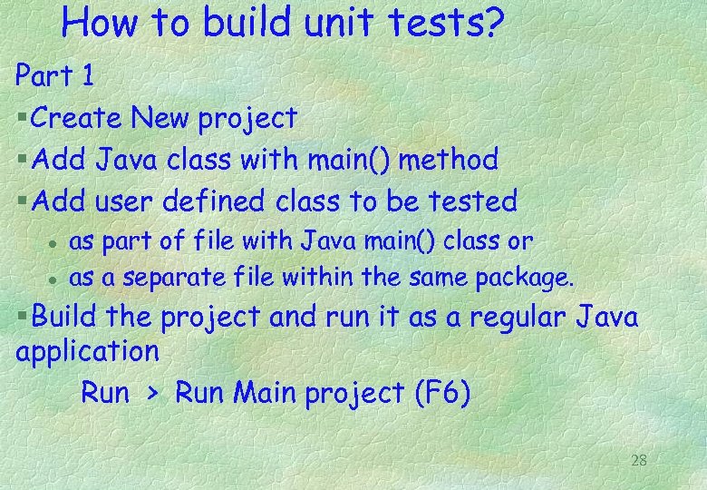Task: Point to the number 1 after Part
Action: point(87,76)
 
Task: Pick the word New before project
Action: point(160,118)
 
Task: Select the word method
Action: point(450,160)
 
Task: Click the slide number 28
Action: point(638,460)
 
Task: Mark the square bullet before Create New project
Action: point(21,119)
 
